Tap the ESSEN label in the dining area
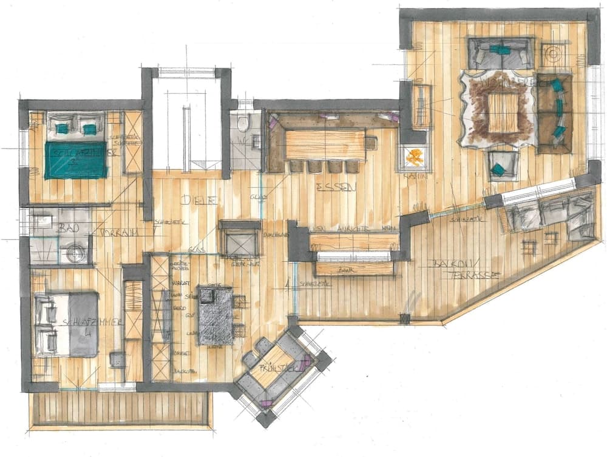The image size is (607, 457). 328,188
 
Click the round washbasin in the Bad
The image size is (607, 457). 76,252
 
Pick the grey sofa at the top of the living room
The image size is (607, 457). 501,53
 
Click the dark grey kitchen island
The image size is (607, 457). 215,316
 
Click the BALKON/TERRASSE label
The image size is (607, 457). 464,269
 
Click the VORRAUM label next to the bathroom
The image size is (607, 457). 118,233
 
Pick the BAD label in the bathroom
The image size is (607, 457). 65,228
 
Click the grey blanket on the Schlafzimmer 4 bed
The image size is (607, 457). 84,325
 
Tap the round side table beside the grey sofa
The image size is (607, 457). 554,54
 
